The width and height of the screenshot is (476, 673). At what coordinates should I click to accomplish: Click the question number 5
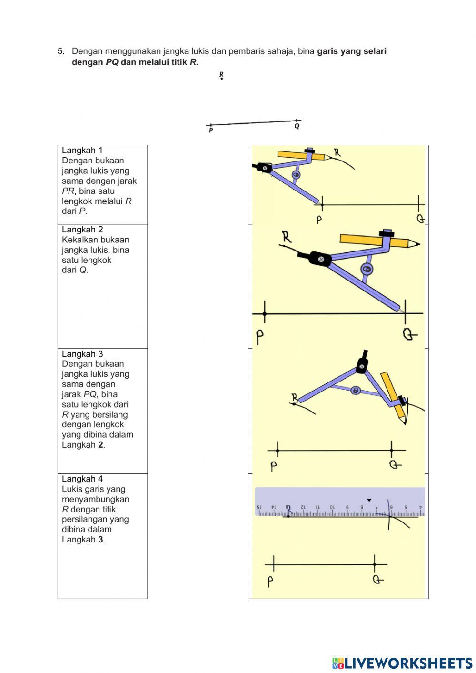(60, 51)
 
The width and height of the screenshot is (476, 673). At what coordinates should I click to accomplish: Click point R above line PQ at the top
(221, 79)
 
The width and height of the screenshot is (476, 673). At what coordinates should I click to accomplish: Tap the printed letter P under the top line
(211, 131)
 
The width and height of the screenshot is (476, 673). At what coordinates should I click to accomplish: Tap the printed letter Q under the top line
(297, 127)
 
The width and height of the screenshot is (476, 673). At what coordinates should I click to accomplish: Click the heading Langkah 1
(82, 151)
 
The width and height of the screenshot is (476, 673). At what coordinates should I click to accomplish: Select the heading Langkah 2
(82, 230)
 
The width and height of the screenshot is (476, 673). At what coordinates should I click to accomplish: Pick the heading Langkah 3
(82, 354)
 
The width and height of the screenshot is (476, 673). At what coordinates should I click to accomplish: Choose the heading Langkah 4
(82, 479)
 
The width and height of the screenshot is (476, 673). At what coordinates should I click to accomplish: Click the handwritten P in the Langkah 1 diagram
(319, 220)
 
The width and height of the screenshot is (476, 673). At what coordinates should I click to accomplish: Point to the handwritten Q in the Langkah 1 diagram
(420, 219)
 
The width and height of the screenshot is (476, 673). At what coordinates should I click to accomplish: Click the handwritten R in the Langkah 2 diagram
(287, 236)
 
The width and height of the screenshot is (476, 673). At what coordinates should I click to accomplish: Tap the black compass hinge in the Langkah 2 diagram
(320, 259)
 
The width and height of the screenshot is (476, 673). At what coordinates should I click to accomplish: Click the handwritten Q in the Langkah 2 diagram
(409, 334)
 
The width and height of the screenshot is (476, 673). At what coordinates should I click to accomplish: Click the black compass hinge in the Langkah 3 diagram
(362, 365)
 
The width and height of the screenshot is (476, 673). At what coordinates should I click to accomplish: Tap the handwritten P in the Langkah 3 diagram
(274, 466)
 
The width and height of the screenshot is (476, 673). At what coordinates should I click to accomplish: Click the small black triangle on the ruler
(369, 500)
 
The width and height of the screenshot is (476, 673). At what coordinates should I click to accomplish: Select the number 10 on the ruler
(332, 508)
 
